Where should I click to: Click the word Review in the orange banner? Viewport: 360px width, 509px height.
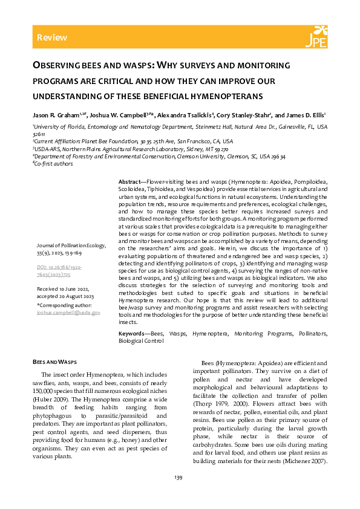coord(52,37)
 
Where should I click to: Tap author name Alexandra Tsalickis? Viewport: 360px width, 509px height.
coord(185,114)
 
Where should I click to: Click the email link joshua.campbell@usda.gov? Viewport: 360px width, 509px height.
coord(68,313)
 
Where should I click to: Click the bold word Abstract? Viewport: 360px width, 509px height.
coord(128,182)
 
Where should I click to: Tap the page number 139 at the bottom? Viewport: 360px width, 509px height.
coord(178,478)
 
